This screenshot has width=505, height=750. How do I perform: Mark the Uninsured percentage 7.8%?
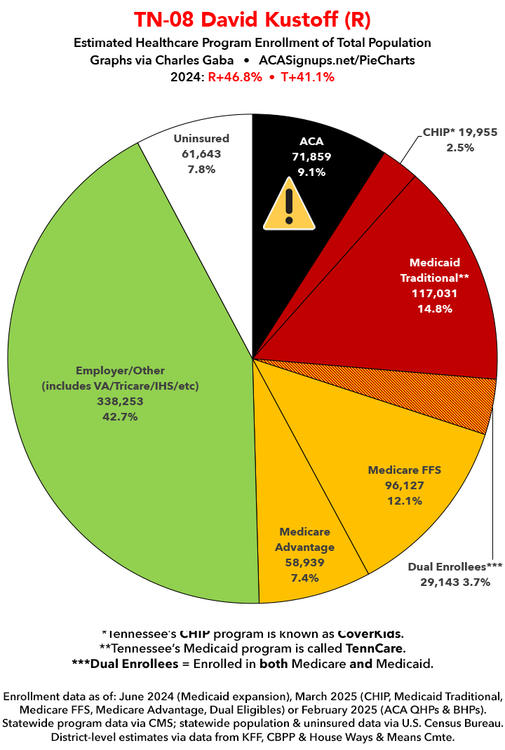point(201,169)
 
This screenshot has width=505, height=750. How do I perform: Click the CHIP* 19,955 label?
point(459,132)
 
